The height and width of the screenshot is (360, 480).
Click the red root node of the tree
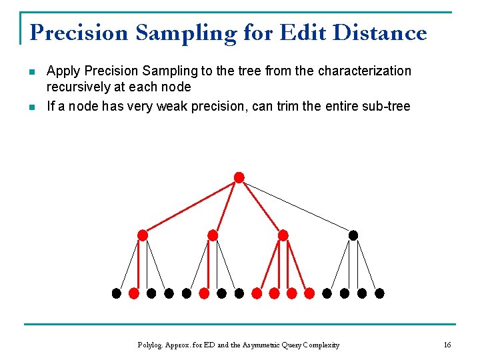tap(239, 177)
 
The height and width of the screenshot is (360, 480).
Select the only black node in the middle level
tap(353, 235)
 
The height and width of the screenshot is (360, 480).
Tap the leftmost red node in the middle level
tap(142, 235)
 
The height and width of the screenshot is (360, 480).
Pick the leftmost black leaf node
tap(116, 293)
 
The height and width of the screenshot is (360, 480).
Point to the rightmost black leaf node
tap(379, 293)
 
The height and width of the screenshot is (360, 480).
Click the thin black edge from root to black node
tap(296, 206)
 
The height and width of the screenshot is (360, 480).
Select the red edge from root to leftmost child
tap(190, 206)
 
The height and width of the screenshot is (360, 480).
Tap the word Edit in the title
tap(304, 33)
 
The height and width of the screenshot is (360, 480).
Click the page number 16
tap(447, 345)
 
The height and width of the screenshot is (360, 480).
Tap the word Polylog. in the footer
tap(150, 345)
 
